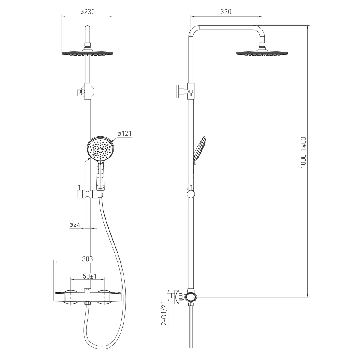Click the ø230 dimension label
(88, 12)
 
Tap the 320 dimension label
(226, 12)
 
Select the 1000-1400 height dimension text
(303, 152)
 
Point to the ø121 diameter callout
(124, 133)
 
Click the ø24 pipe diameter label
(75, 224)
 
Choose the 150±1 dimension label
(88, 276)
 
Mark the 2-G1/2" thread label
(164, 314)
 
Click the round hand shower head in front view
(101, 148)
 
